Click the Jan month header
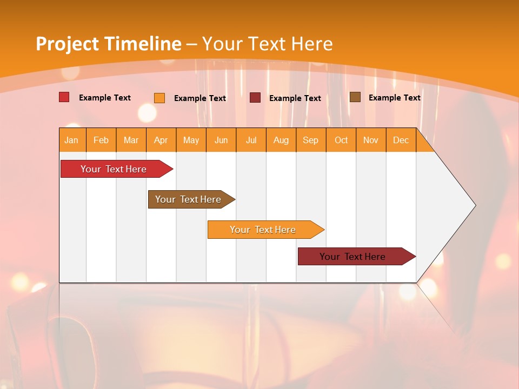[x=71, y=140]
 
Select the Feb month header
[x=101, y=140]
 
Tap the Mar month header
[x=131, y=140]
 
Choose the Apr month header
[x=161, y=140]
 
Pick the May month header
[x=191, y=140]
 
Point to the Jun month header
[x=221, y=140]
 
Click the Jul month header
[x=251, y=140]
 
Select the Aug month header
[x=281, y=140]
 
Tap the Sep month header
[x=311, y=140]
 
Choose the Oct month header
[x=341, y=140]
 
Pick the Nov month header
[x=371, y=140]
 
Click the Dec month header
[x=401, y=140]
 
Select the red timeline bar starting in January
[x=114, y=169]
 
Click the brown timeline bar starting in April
[x=189, y=199]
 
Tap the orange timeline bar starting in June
[x=263, y=230]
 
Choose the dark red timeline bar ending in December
[x=353, y=257]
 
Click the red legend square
[x=64, y=97]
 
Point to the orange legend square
[x=159, y=98]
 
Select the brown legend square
[x=355, y=97]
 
